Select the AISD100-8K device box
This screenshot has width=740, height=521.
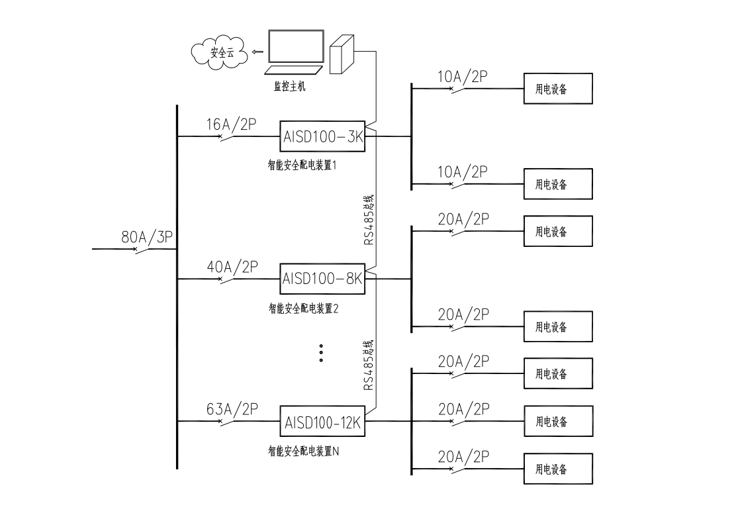324,279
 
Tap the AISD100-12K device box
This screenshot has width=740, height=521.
324,422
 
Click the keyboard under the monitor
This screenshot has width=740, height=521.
291,70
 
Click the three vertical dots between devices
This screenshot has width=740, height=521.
321,353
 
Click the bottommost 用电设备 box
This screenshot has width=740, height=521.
557,469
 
